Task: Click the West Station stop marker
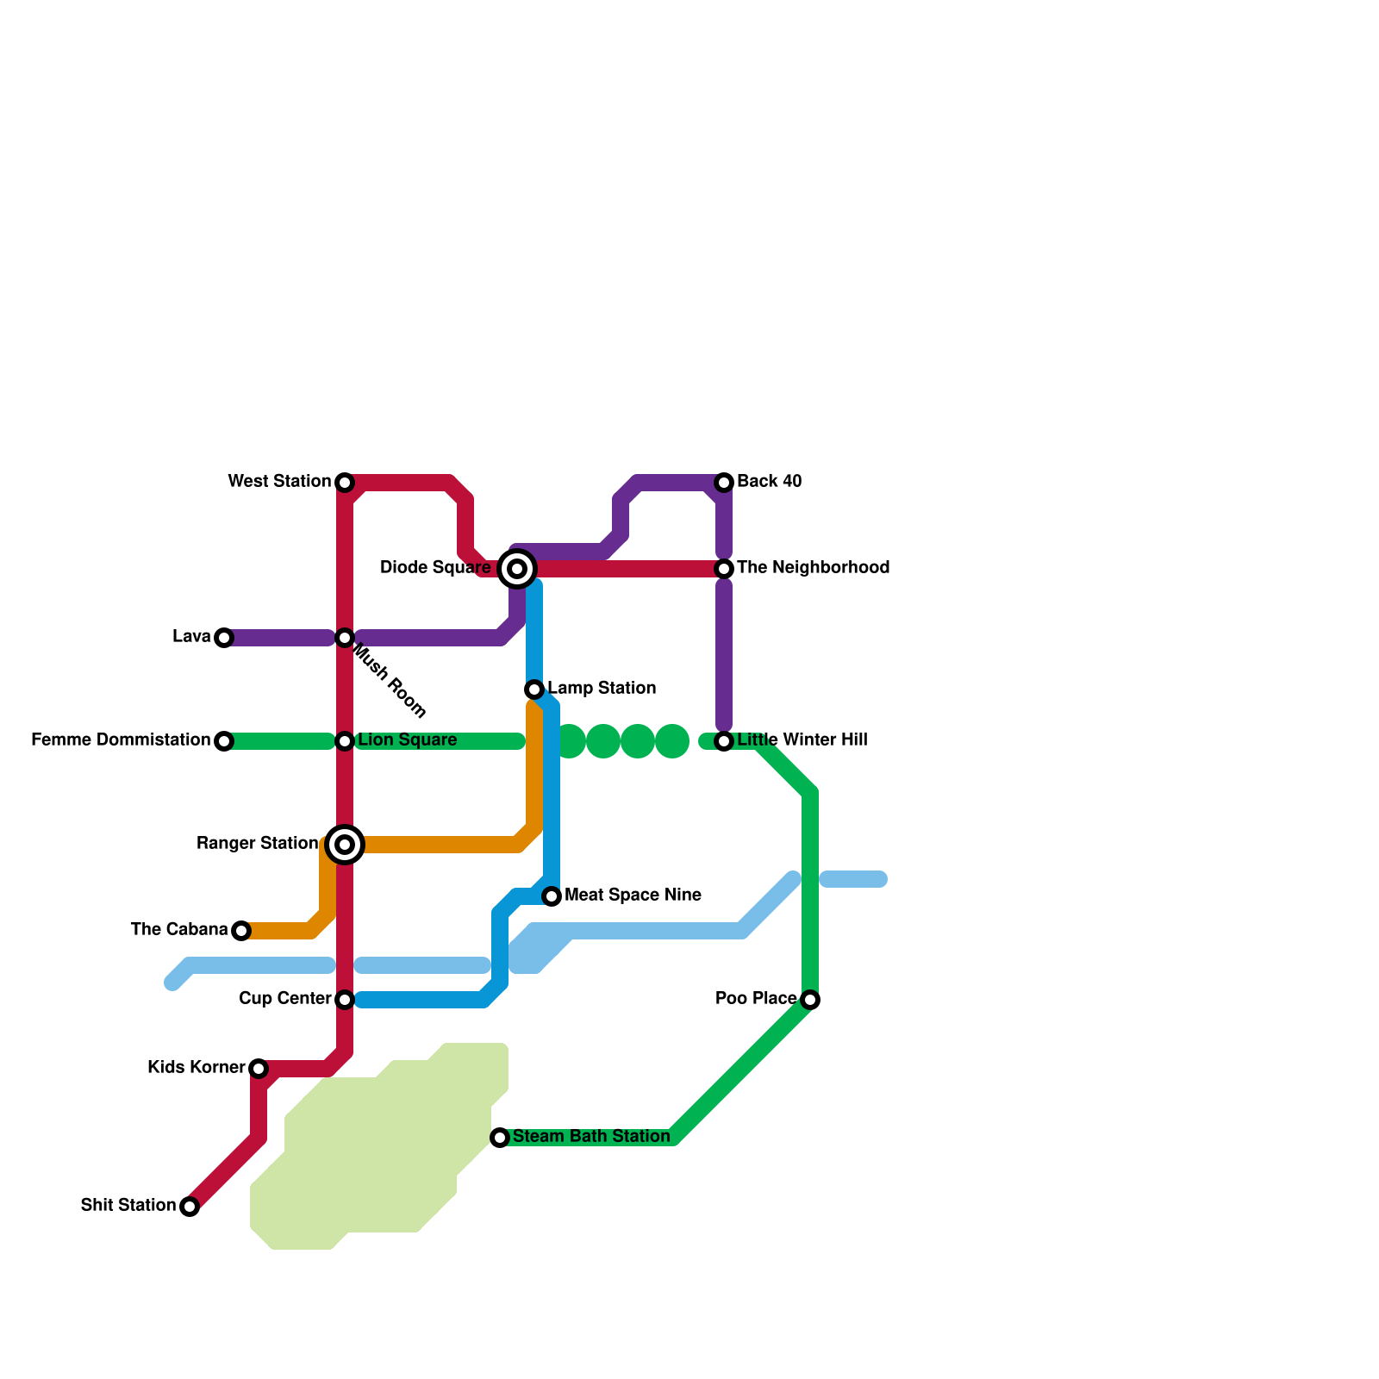[345, 483]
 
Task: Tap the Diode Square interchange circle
[517, 569]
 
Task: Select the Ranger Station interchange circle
[345, 845]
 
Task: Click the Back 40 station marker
[724, 483]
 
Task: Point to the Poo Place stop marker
[810, 1000]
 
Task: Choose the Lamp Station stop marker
[534, 689]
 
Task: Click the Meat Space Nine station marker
[552, 896]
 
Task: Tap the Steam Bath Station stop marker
[500, 1138]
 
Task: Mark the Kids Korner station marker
[259, 1069]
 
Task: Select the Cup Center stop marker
[345, 1000]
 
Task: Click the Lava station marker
[224, 638]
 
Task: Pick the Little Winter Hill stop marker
[724, 741]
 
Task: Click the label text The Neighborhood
[813, 568]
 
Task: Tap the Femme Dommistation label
[121, 740]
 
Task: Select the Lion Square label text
[407, 740]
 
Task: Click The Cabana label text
[179, 930]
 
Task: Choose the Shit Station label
[128, 1206]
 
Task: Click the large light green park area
[379, 1155]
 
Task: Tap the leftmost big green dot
[569, 741]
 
